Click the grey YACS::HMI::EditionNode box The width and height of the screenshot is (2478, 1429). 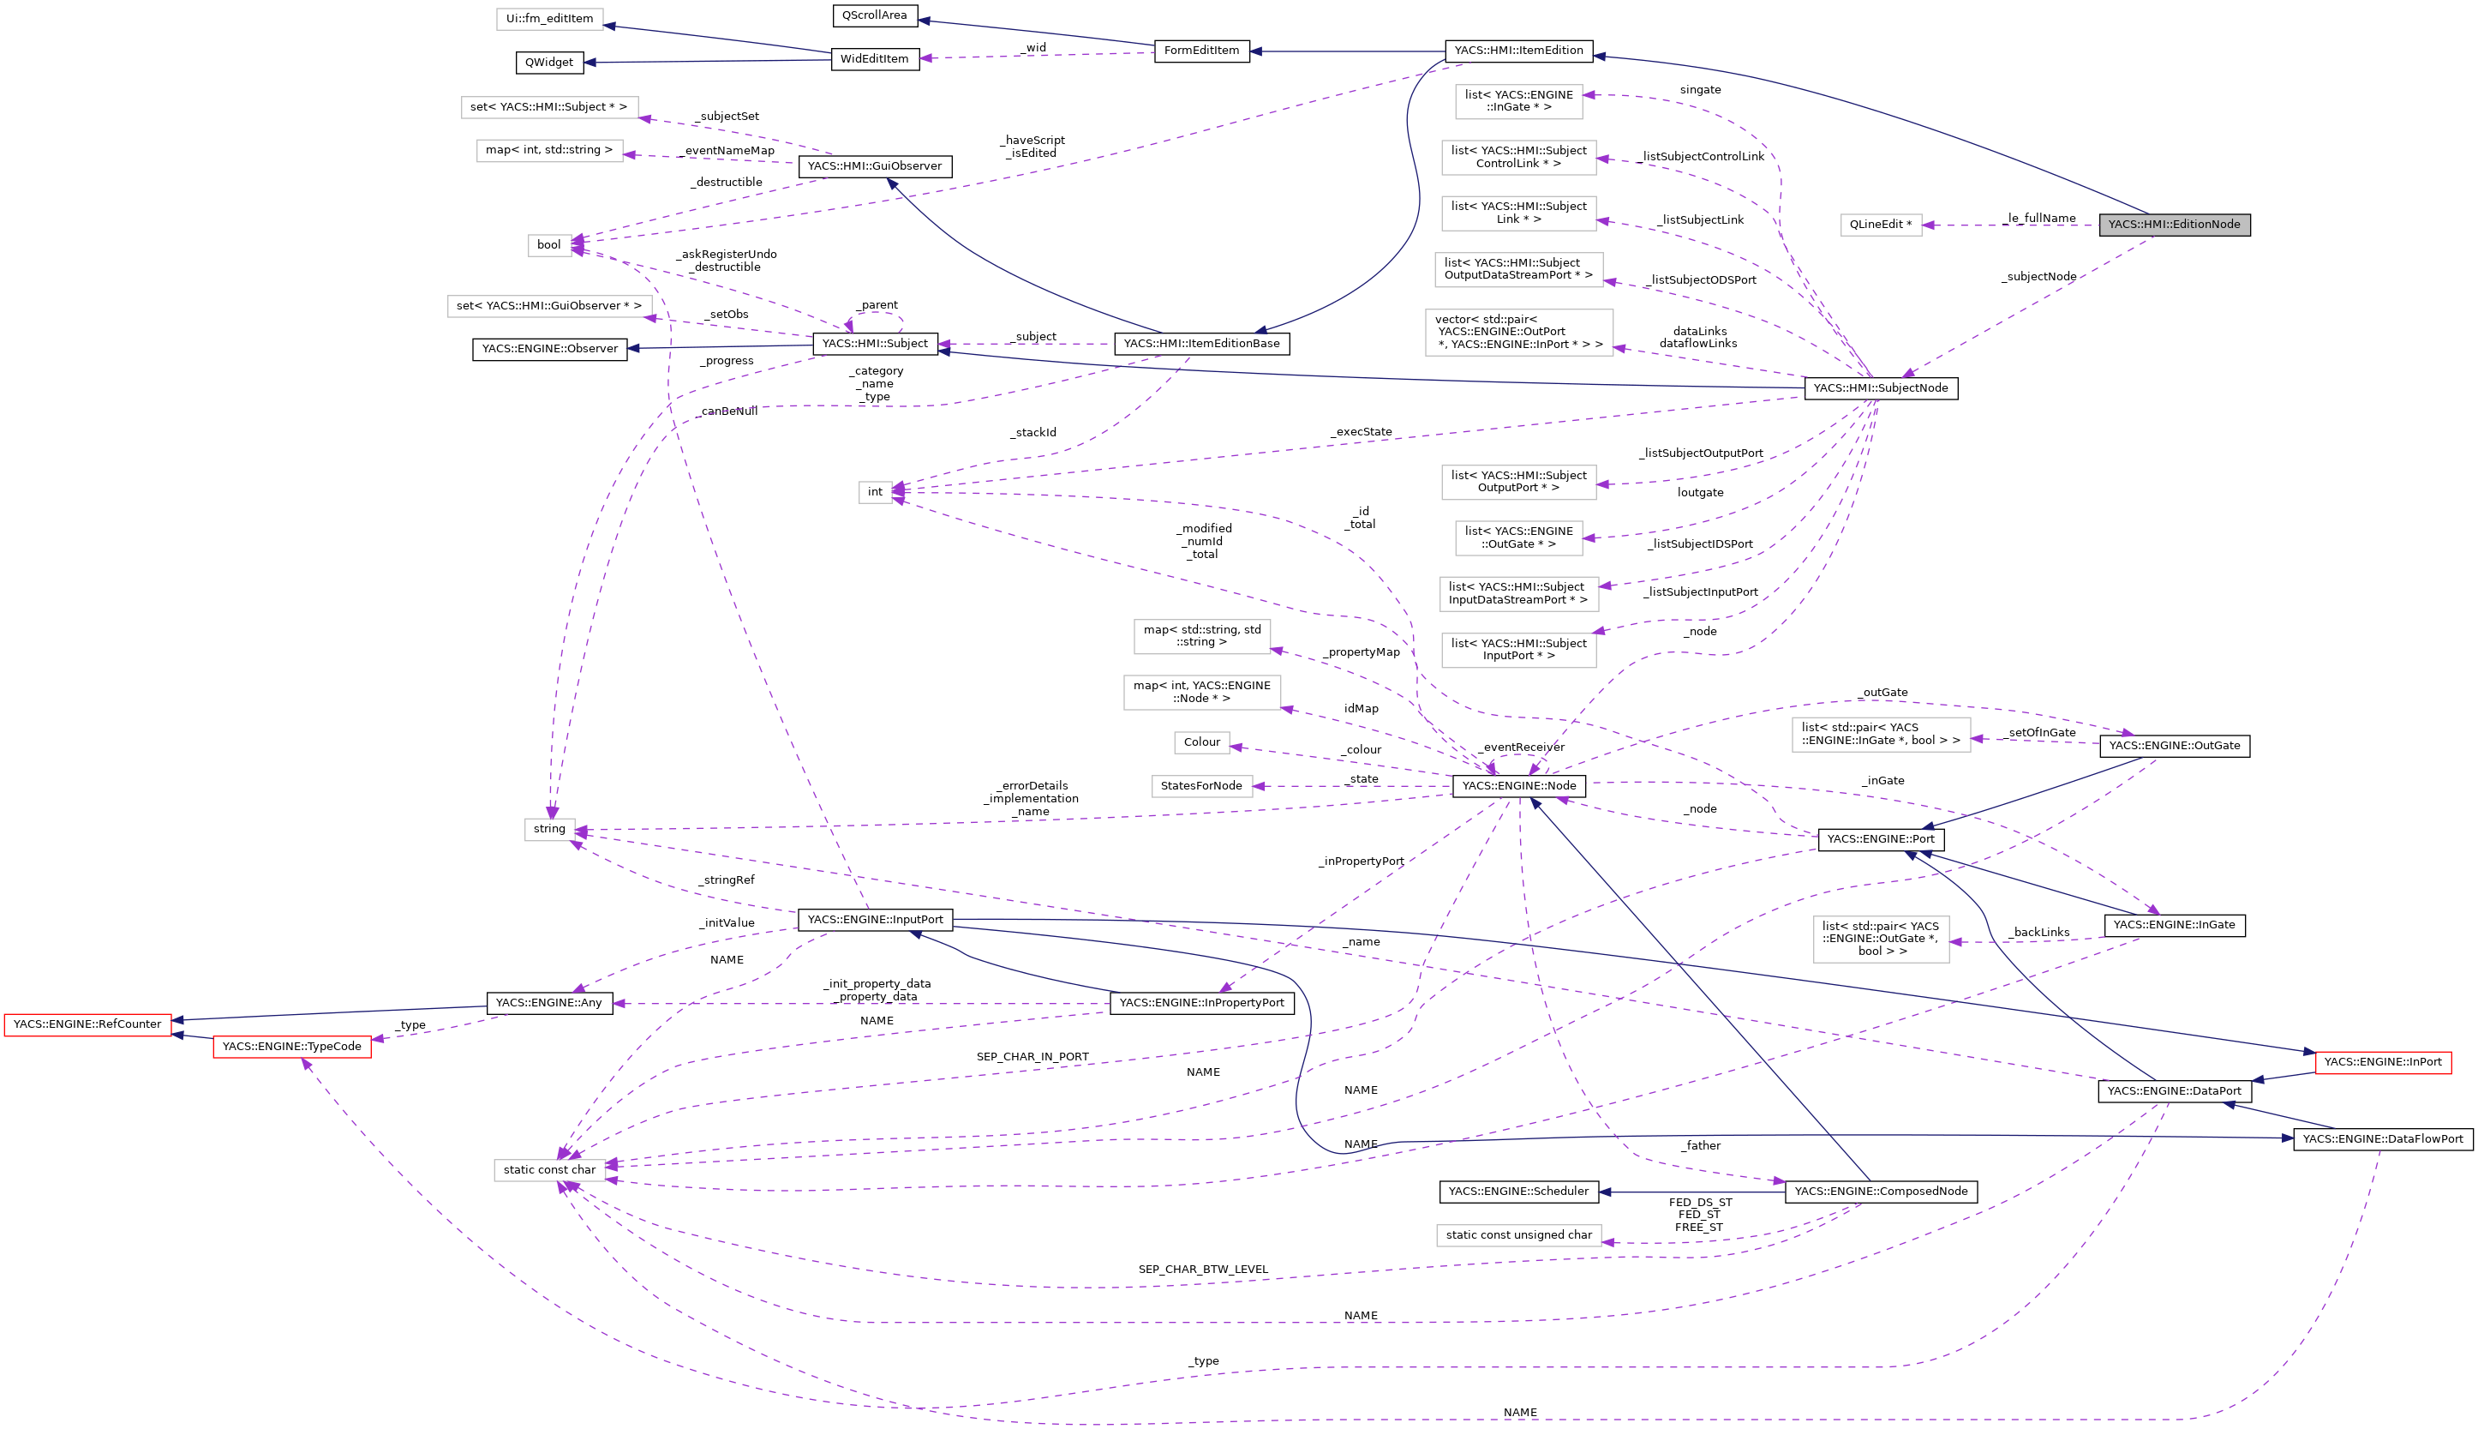tap(2174, 225)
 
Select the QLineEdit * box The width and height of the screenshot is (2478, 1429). tap(1880, 225)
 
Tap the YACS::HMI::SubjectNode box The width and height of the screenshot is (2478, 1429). tap(1880, 388)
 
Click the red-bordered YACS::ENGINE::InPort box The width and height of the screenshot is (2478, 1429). tap(2382, 1062)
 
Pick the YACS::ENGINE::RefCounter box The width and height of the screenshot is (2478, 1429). tap(87, 1024)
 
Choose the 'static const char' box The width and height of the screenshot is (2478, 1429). tap(549, 1170)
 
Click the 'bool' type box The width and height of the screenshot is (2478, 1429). tap(549, 245)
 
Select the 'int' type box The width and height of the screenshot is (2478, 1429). tap(874, 493)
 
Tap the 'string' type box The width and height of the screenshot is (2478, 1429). tap(549, 829)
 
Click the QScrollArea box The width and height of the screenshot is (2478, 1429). tap(874, 15)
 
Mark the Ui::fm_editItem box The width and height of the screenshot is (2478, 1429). tap(549, 19)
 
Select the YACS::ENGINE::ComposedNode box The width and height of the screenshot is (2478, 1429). tap(1880, 1192)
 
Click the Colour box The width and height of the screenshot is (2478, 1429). tap(1200, 743)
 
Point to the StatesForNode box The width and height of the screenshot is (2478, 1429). tap(1200, 786)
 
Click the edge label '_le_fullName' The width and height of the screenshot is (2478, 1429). tap(2039, 218)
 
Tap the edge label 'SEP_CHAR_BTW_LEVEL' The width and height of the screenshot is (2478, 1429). tap(1203, 1269)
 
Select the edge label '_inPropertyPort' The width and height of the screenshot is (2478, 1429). tap(1361, 861)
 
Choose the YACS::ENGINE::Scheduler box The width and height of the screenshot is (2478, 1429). tap(1517, 1192)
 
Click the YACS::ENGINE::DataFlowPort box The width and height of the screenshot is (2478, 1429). tap(2382, 1139)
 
